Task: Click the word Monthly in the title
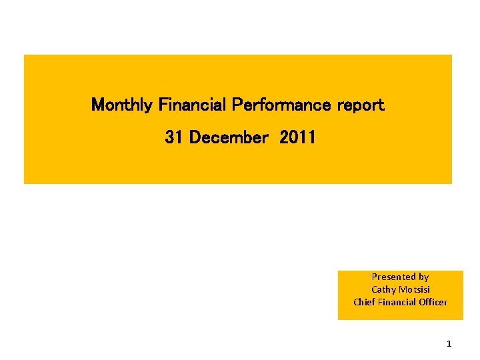123,105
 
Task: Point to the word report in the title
361,105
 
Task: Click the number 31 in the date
174,137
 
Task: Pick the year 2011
298,137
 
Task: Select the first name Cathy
383,289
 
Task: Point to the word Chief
364,302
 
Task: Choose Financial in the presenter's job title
398,302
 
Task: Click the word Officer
434,302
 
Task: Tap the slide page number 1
449,344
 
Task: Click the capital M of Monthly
97,105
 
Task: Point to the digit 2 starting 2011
285,137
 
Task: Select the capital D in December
195,137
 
